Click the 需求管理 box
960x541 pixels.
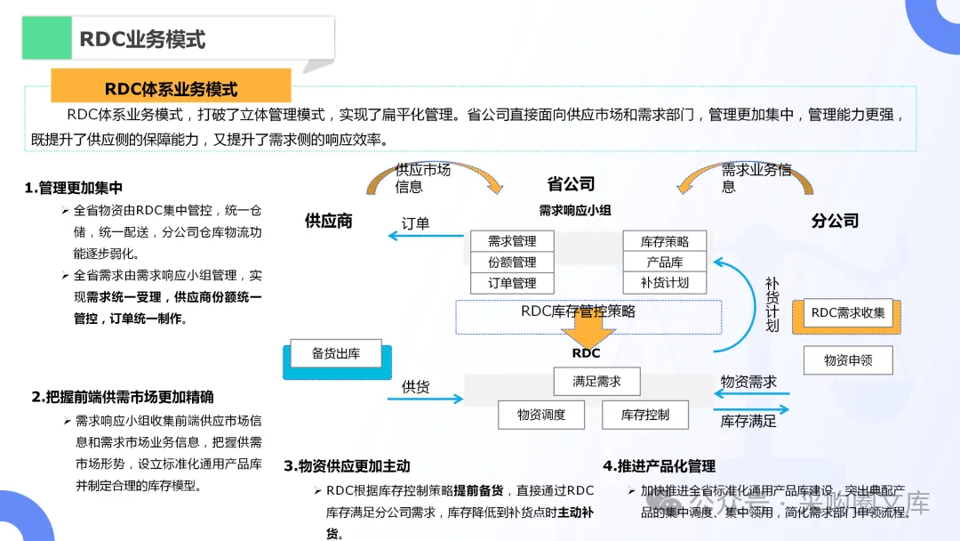[x=512, y=241]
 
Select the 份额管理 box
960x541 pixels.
[x=512, y=262]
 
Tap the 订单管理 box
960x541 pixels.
[x=512, y=283]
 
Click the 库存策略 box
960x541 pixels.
[x=665, y=241]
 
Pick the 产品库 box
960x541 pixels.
[x=665, y=262]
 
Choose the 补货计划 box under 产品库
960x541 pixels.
[x=665, y=283]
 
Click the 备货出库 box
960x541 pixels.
[x=336, y=353]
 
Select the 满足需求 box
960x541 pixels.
[x=596, y=382]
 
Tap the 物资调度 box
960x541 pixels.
[x=541, y=414]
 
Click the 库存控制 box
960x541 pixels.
[x=644, y=414]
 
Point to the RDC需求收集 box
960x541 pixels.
[x=848, y=313]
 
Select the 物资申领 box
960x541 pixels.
[x=848, y=360]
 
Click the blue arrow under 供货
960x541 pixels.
[x=426, y=400]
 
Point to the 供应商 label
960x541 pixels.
[x=329, y=221]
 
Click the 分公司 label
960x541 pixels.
[x=836, y=221]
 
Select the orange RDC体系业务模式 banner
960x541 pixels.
[x=172, y=88]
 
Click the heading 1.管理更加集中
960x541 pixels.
[x=74, y=188]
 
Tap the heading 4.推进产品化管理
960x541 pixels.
[x=659, y=465]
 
